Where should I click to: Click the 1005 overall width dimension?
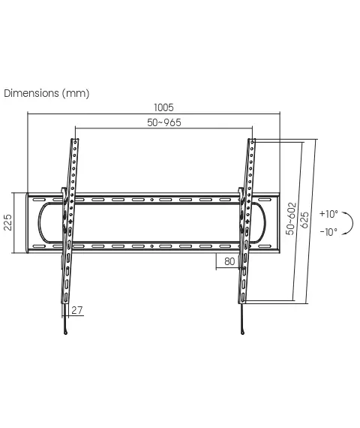pos(163,107)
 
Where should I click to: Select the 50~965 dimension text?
pos(164,122)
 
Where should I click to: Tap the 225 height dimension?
pos(8,222)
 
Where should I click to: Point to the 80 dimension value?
pos(229,261)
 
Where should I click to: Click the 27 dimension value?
pos(77,310)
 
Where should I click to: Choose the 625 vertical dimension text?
pos(304,220)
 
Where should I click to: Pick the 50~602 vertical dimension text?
pos(291,219)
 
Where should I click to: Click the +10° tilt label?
pos(328,214)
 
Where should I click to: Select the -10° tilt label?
pos(328,232)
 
